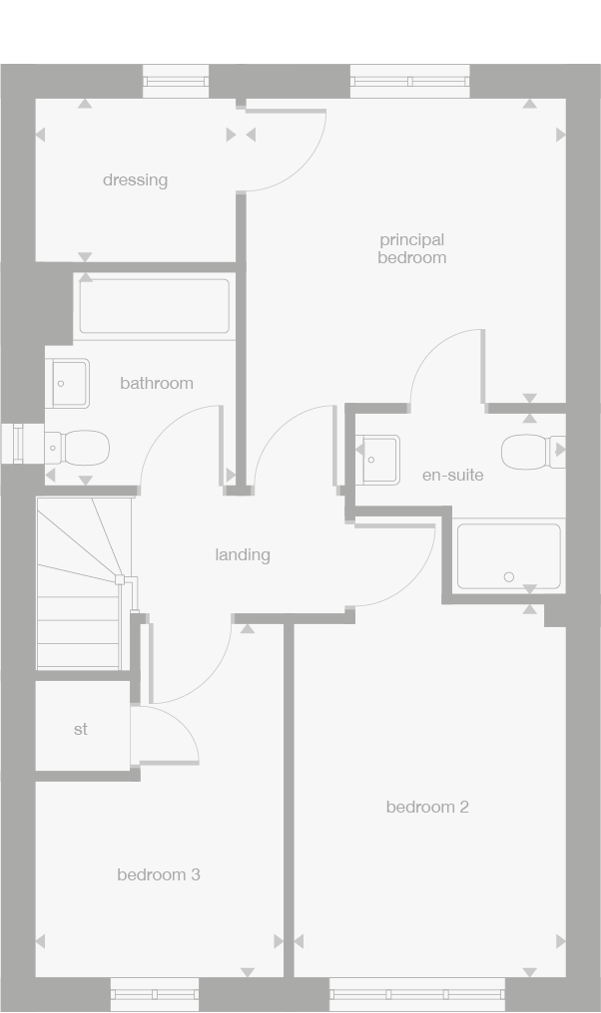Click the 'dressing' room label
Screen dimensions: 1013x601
(135, 180)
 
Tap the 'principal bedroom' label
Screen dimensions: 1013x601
(411, 248)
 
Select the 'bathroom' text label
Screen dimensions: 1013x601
(157, 383)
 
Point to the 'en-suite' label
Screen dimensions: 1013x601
(452, 476)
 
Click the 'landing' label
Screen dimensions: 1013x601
(243, 555)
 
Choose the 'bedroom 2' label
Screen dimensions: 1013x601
(427, 807)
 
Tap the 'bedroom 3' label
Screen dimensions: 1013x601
(159, 874)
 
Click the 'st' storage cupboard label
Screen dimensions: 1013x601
(81, 730)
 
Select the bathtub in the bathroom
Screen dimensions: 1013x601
(155, 306)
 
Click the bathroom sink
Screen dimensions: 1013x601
(68, 383)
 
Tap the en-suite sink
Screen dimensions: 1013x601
(377, 460)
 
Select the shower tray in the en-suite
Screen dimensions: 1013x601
(508, 555)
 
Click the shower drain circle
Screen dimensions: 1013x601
(509, 577)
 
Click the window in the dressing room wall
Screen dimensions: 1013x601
(176, 81)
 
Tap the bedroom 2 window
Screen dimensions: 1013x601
(417, 994)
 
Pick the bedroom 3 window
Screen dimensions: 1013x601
(155, 994)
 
